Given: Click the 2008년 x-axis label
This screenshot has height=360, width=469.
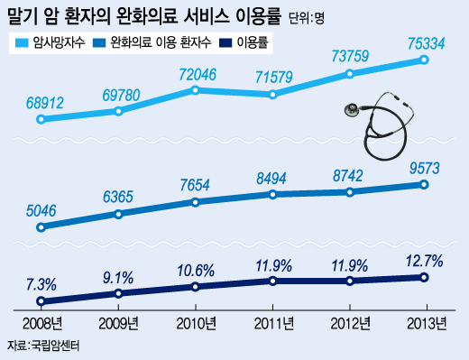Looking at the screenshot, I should click(41, 324).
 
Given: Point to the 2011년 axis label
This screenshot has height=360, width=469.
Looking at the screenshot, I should click(271, 324).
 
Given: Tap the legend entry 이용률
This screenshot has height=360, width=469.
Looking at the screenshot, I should click(253, 42).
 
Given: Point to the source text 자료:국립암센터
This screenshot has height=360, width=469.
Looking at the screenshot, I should click(42, 347).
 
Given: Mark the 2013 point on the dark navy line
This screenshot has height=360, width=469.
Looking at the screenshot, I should click(424, 277).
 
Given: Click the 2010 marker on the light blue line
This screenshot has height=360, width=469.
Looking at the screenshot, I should click(196, 89).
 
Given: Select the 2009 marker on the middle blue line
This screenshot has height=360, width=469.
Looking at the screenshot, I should click(118, 214).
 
